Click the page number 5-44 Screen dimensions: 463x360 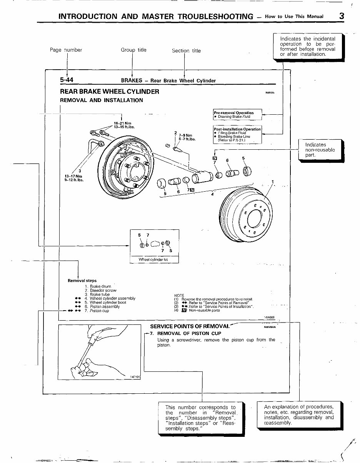coord(67,80)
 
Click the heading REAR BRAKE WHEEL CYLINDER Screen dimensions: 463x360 coord(110,92)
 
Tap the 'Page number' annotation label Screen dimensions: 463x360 coord(66,50)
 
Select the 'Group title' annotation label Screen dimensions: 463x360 coord(133,50)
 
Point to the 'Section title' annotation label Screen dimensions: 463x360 coord(186,50)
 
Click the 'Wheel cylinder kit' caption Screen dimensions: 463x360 coord(153,260)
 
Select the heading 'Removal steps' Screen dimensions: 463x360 coord(82,281)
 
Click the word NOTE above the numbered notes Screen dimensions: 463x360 coord(179,295)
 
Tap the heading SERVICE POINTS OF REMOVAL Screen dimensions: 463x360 coord(189,326)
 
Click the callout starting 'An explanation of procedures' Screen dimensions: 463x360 coord(298,415)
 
